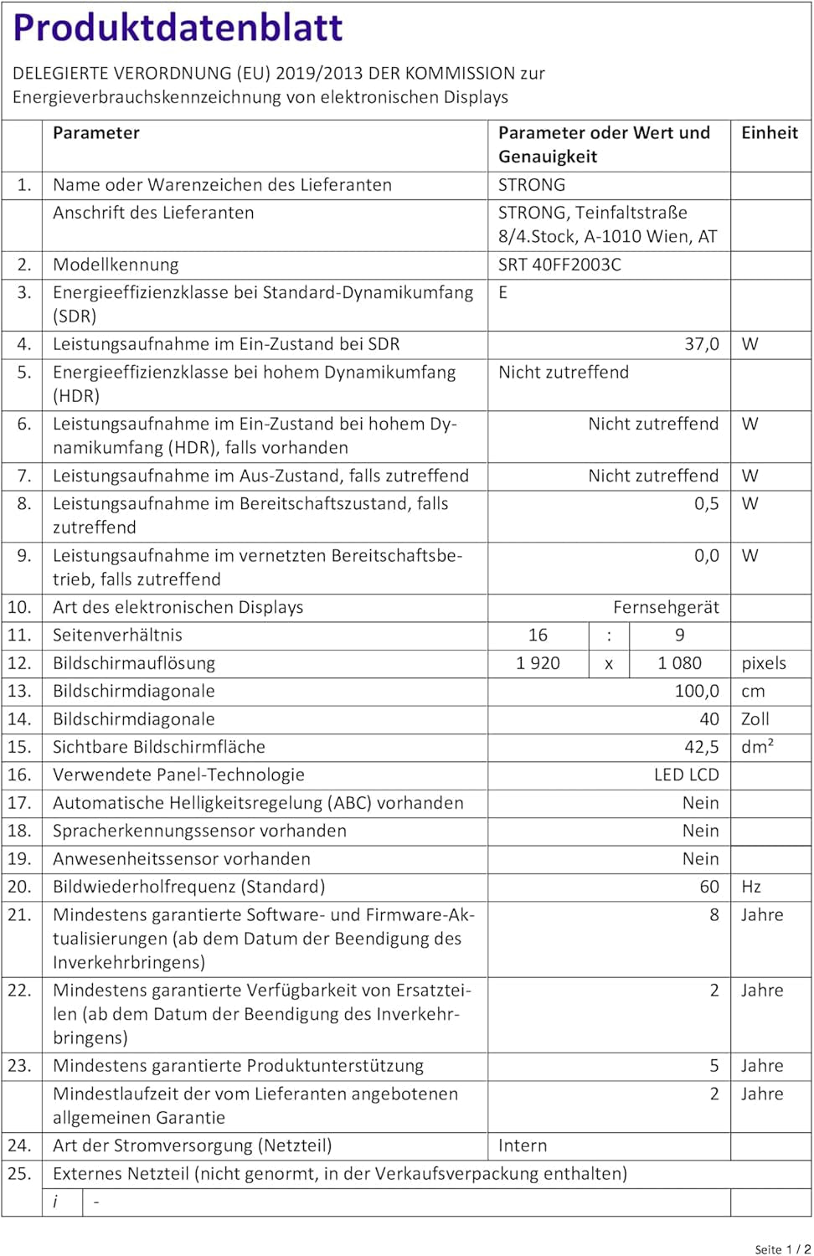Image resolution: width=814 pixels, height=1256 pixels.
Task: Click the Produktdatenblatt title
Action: pyautogui.click(x=178, y=28)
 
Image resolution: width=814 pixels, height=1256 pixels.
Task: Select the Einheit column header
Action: pyautogui.click(x=769, y=133)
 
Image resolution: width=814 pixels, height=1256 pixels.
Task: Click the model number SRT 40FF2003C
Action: pyautogui.click(x=559, y=265)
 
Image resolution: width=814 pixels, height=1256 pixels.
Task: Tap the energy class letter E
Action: pyautogui.click(x=503, y=292)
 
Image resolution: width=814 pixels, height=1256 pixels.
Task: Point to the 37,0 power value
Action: pyautogui.click(x=701, y=344)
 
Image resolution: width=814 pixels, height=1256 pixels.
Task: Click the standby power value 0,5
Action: pyautogui.click(x=706, y=503)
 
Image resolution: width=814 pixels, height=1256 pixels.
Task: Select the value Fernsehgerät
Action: pyautogui.click(x=666, y=607)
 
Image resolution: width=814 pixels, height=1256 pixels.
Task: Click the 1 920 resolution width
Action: pyautogui.click(x=538, y=663)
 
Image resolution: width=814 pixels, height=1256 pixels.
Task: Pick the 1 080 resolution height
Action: pyautogui.click(x=679, y=663)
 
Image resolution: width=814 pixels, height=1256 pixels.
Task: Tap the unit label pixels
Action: pyautogui.click(x=763, y=663)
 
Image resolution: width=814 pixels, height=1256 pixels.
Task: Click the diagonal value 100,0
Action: pyautogui.click(x=697, y=691)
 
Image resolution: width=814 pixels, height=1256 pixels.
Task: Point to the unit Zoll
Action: pyautogui.click(x=755, y=719)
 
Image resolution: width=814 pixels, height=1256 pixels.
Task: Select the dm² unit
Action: pyautogui.click(x=757, y=747)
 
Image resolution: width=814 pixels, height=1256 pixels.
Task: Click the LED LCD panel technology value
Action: pyautogui.click(x=686, y=775)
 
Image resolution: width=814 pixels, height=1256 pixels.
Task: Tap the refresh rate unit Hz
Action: pyautogui.click(x=750, y=887)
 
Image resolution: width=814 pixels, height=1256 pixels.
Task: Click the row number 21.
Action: pyautogui.click(x=19, y=914)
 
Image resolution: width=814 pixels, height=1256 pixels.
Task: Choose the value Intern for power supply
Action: pyautogui.click(x=523, y=1145)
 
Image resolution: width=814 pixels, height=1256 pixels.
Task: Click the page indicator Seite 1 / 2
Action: pyautogui.click(x=782, y=1249)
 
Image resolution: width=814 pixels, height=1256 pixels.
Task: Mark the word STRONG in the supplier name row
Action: pyautogui.click(x=532, y=185)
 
